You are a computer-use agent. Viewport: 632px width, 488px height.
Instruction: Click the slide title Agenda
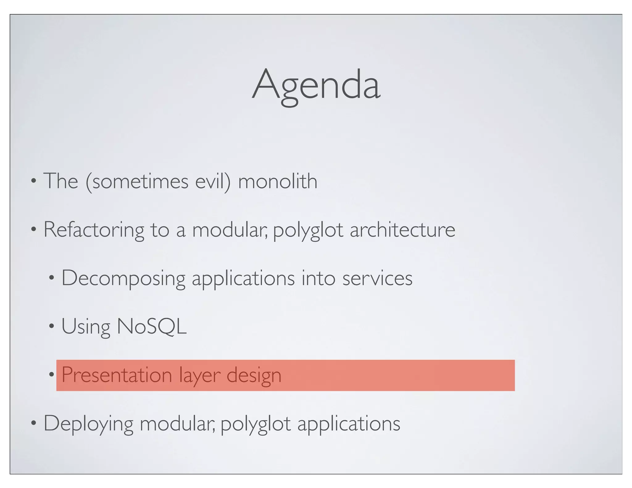point(316,85)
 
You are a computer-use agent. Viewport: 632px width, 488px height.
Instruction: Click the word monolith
point(277,181)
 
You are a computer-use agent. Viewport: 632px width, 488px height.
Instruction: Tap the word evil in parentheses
point(213,181)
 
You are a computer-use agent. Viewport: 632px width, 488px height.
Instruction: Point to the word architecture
point(402,230)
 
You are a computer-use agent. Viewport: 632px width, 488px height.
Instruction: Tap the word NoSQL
point(152,326)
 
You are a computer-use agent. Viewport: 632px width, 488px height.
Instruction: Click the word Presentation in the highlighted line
point(117,375)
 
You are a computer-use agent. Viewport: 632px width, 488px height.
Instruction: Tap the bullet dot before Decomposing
point(52,278)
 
